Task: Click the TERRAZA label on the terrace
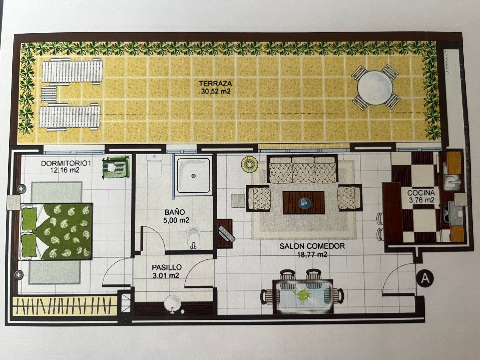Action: [x=215, y=84]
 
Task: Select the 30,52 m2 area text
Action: [x=216, y=91]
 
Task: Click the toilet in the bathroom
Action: [x=155, y=167]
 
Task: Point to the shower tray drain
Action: [x=193, y=176]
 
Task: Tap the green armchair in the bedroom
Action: [x=116, y=167]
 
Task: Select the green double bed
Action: [x=56, y=232]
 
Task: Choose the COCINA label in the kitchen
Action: [x=421, y=193]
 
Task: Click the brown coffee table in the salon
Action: [x=304, y=203]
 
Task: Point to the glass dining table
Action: [x=303, y=296]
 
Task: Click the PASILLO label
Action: [x=167, y=268]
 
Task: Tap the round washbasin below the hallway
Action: [x=173, y=304]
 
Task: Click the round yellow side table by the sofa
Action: [x=249, y=164]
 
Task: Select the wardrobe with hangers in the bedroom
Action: [x=65, y=306]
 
